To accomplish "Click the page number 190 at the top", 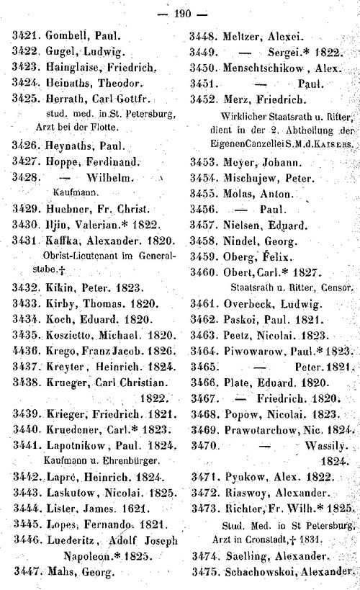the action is point(181,12).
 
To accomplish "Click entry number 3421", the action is point(25,35).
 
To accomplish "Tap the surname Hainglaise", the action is point(77,67).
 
